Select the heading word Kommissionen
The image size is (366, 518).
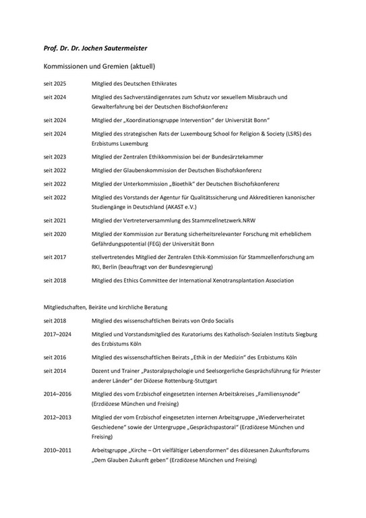[x=68, y=67]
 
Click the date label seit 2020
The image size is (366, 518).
[x=55, y=234]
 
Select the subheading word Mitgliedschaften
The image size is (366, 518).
[x=65, y=308]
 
